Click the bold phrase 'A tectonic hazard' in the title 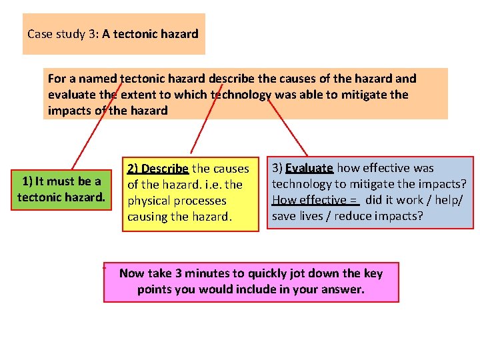[x=150, y=33]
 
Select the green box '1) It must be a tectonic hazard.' [x=61, y=189]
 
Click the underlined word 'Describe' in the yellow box [x=165, y=169]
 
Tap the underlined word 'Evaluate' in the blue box [x=309, y=169]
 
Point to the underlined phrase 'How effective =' [x=315, y=200]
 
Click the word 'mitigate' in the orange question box [x=365, y=95]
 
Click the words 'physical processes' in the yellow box [x=177, y=200]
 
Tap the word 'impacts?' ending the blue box [x=401, y=216]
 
